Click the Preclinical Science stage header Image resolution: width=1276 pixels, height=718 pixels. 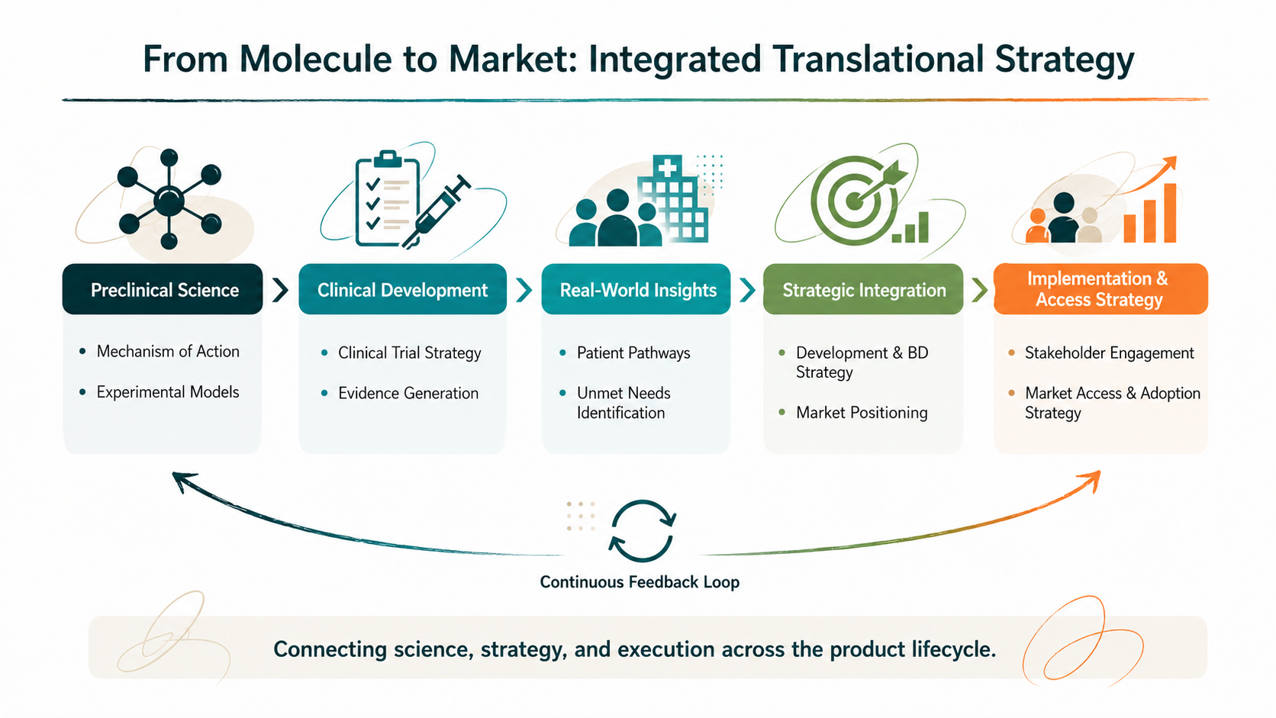tap(163, 289)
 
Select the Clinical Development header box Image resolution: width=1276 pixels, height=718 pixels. tap(402, 289)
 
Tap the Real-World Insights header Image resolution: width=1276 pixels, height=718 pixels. tap(636, 289)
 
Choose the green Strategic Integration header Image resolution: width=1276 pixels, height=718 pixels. tap(863, 289)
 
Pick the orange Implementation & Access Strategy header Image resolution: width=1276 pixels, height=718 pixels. tap(1100, 289)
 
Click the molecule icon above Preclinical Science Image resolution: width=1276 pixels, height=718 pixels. tap(169, 199)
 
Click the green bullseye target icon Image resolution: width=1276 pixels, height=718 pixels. tap(855, 199)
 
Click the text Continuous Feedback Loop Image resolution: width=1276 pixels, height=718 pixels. tap(640, 582)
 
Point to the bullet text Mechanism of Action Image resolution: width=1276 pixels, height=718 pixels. tap(168, 351)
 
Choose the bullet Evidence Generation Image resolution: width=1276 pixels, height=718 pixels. tap(408, 393)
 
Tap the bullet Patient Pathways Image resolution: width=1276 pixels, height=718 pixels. tap(633, 353)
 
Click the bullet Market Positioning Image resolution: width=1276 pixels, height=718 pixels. tap(862, 412)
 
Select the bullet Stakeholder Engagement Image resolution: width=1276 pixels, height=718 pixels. tap(1109, 353)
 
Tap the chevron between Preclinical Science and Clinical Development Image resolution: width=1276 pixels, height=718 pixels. tap(280, 290)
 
